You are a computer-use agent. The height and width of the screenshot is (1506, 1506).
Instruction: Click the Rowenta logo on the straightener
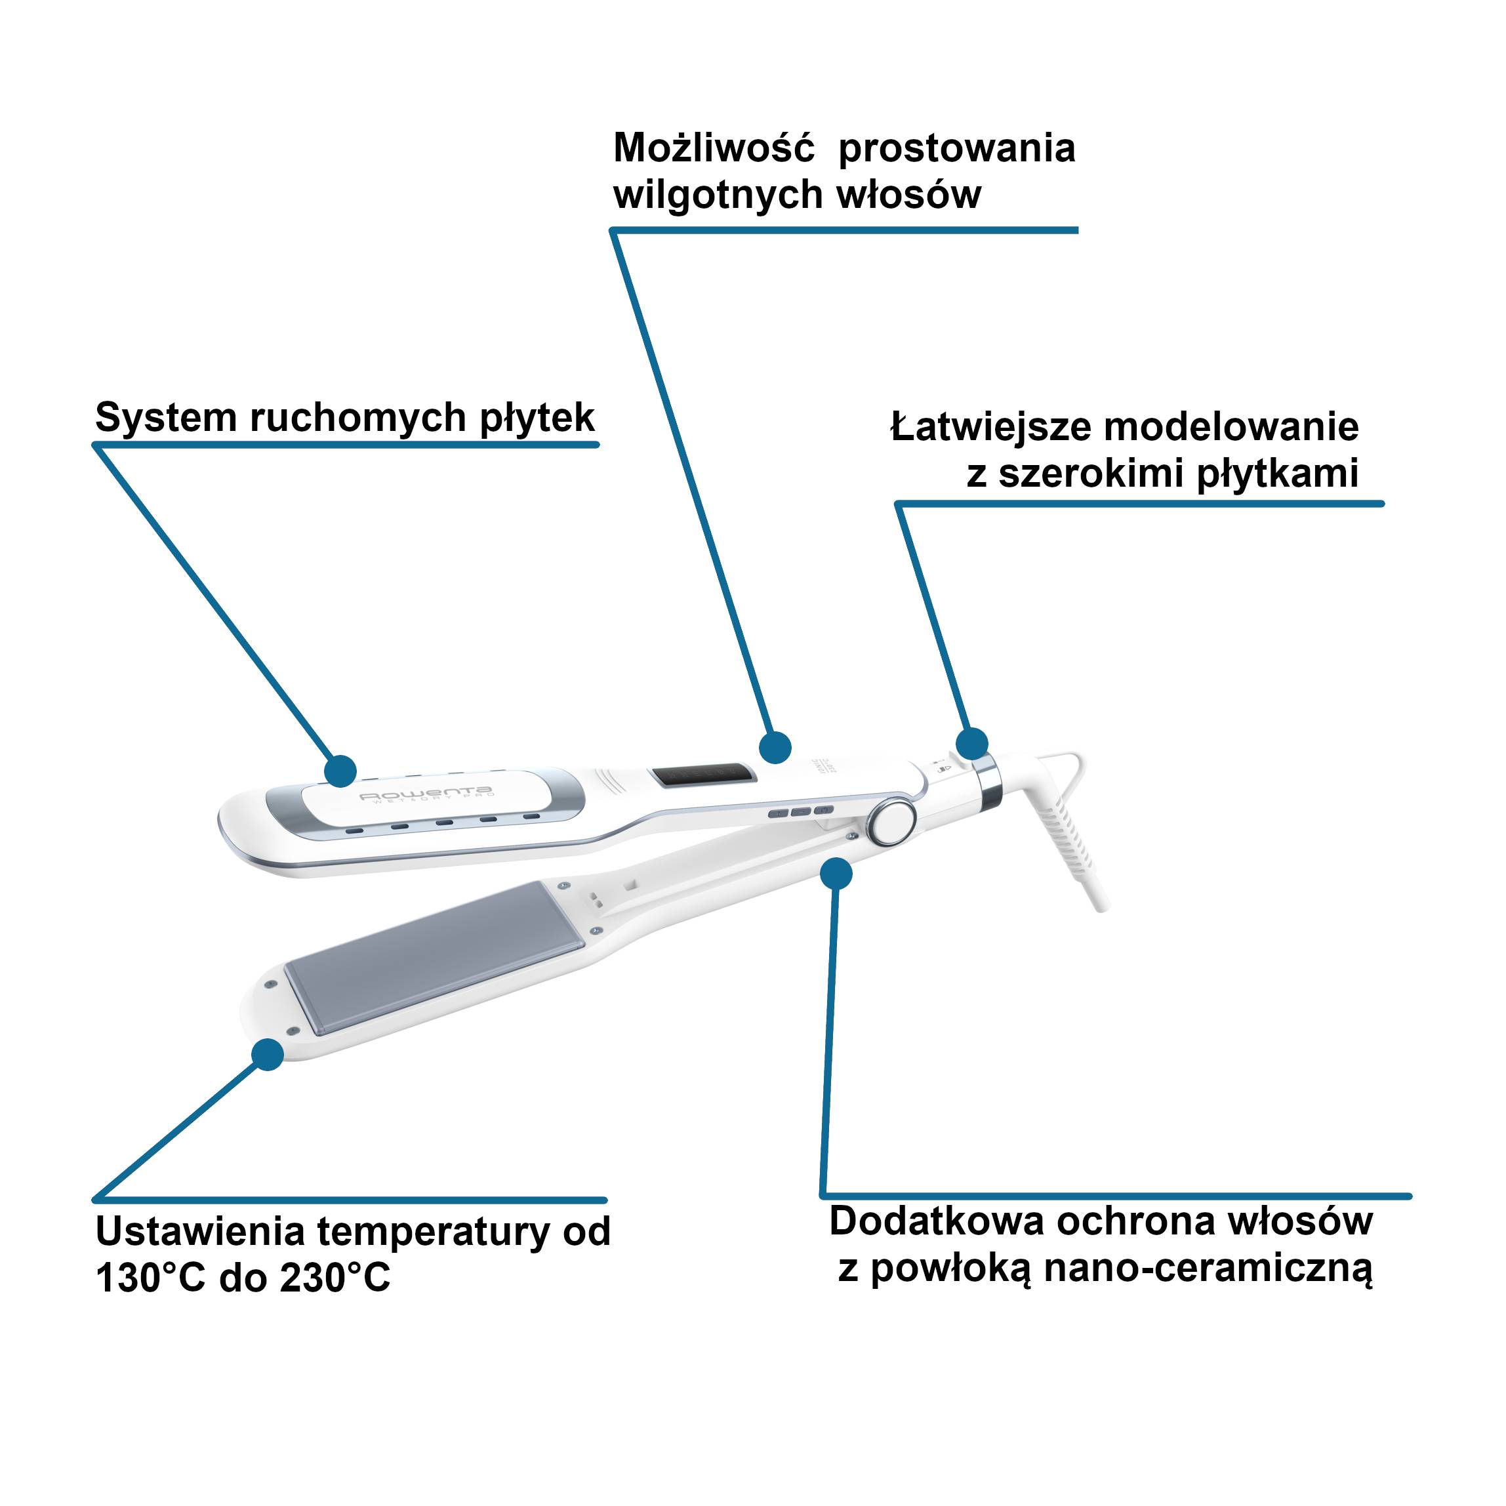coord(425,794)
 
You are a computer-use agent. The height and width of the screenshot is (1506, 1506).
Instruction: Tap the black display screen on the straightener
coord(702,775)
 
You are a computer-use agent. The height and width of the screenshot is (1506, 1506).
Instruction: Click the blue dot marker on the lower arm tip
coord(268,1055)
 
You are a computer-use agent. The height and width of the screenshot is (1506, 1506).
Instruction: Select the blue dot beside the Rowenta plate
coord(340,770)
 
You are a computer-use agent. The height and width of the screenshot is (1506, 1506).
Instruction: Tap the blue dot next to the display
coord(775,746)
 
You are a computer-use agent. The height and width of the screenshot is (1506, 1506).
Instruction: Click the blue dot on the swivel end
coord(972,743)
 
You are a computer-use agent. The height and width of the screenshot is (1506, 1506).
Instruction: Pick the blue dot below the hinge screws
coord(836,873)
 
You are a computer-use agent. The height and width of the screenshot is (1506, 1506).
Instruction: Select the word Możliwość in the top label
coord(713,148)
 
